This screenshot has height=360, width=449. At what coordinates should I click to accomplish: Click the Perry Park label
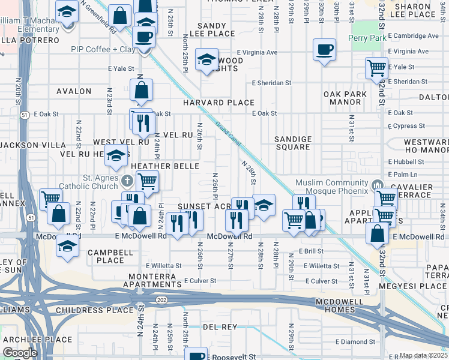pyautogui.click(x=366, y=38)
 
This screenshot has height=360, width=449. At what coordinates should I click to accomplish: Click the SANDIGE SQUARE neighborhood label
pyautogui.click(x=293, y=143)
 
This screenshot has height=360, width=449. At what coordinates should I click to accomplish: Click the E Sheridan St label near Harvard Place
pyautogui.click(x=271, y=83)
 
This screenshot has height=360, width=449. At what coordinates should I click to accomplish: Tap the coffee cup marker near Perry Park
pyautogui.click(x=324, y=50)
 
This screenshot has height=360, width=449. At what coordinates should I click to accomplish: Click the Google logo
pyautogui.click(x=20, y=353)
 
